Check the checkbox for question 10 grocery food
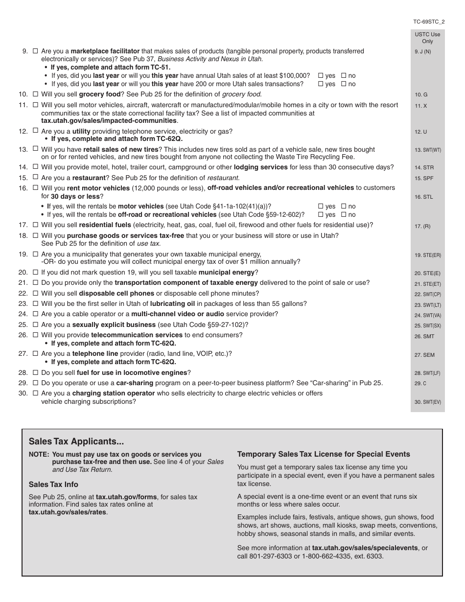(x=35, y=94)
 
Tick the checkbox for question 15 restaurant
(x=35, y=178)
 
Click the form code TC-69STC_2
(x=428, y=22)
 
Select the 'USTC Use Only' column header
(x=427, y=38)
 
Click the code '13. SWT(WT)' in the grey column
(x=427, y=150)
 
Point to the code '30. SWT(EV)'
(x=427, y=402)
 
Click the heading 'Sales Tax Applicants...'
(x=76, y=441)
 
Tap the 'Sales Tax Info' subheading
(x=53, y=485)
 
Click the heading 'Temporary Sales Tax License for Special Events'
(x=324, y=454)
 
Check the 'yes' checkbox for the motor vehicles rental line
(x=321, y=207)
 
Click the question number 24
(x=23, y=314)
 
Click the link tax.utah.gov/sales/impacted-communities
(x=109, y=120)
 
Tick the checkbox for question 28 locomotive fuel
(x=35, y=372)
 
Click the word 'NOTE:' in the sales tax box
(x=39, y=454)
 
